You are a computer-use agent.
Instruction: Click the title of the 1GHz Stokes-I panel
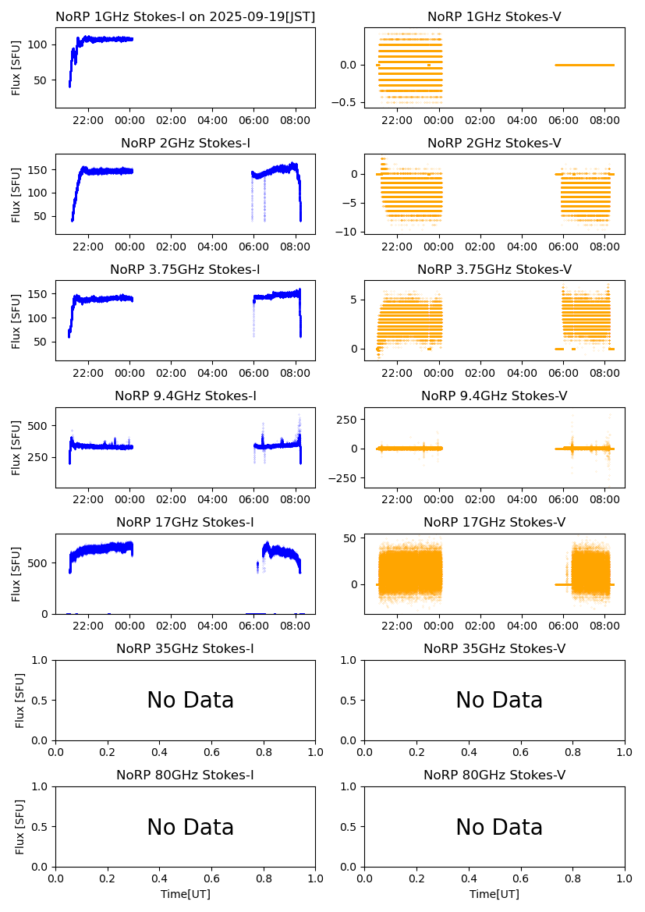tap(185, 17)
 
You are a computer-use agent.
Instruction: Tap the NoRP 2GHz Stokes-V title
tap(494, 144)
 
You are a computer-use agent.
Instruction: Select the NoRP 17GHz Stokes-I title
tap(185, 523)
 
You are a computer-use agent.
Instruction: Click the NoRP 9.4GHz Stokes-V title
tap(494, 396)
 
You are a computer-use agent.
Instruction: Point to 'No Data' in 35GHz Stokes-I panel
tap(190, 701)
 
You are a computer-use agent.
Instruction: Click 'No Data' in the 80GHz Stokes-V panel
tap(499, 827)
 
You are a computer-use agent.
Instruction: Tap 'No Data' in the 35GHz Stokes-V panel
tap(499, 701)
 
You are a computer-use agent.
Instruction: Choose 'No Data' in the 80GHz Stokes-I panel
tap(190, 827)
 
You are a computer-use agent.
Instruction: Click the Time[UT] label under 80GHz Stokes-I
tap(186, 894)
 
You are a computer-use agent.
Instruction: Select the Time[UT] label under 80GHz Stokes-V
tap(494, 894)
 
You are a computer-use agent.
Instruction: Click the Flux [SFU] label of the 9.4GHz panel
tap(17, 447)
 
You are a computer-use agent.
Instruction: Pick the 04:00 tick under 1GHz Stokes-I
tap(212, 120)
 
